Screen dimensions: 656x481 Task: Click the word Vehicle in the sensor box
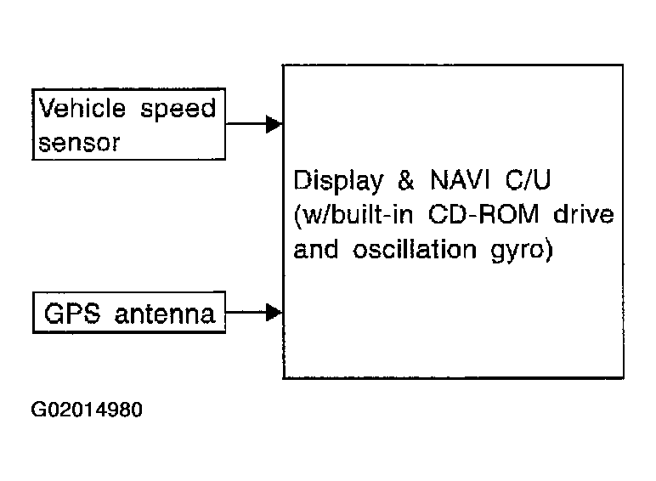(x=82, y=108)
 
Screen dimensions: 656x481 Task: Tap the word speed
(x=178, y=110)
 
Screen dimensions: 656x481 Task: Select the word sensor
(x=79, y=143)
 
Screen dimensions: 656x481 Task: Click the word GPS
(x=72, y=314)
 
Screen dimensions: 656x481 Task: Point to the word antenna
(x=165, y=314)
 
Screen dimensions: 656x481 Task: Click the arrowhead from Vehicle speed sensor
(x=274, y=124)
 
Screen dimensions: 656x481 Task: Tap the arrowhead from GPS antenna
(x=274, y=313)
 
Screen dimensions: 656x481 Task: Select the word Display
(x=338, y=182)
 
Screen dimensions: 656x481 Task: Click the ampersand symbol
(x=406, y=180)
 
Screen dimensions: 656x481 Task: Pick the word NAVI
(x=460, y=180)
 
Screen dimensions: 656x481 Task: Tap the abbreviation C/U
(x=528, y=180)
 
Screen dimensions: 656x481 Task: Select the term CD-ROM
(x=484, y=214)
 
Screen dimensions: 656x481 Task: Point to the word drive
(x=584, y=214)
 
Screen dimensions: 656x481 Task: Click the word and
(x=316, y=249)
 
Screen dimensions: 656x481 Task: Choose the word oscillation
(x=415, y=249)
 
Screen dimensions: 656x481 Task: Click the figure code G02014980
(x=87, y=410)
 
